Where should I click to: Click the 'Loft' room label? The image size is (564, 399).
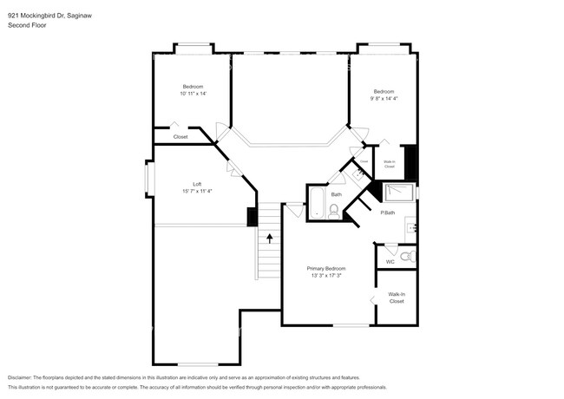[x=197, y=184]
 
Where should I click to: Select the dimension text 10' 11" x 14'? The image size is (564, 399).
[x=193, y=93]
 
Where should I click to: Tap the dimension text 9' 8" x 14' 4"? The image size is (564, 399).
[x=384, y=99]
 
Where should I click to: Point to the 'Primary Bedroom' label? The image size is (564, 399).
[x=331, y=269]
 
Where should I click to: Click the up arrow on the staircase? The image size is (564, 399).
[x=270, y=236]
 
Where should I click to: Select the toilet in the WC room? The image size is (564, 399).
[x=409, y=257]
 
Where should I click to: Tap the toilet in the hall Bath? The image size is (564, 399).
[x=334, y=210]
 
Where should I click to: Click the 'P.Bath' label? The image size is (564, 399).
[x=389, y=213]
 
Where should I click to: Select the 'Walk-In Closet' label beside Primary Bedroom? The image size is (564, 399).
[x=397, y=298]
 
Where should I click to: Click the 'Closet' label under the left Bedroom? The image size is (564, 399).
[x=180, y=137]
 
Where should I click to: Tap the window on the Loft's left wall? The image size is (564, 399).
[x=147, y=183]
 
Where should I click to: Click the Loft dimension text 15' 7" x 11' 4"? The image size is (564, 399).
[x=197, y=191]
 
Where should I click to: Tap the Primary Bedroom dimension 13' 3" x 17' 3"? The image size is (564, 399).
[x=331, y=276]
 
